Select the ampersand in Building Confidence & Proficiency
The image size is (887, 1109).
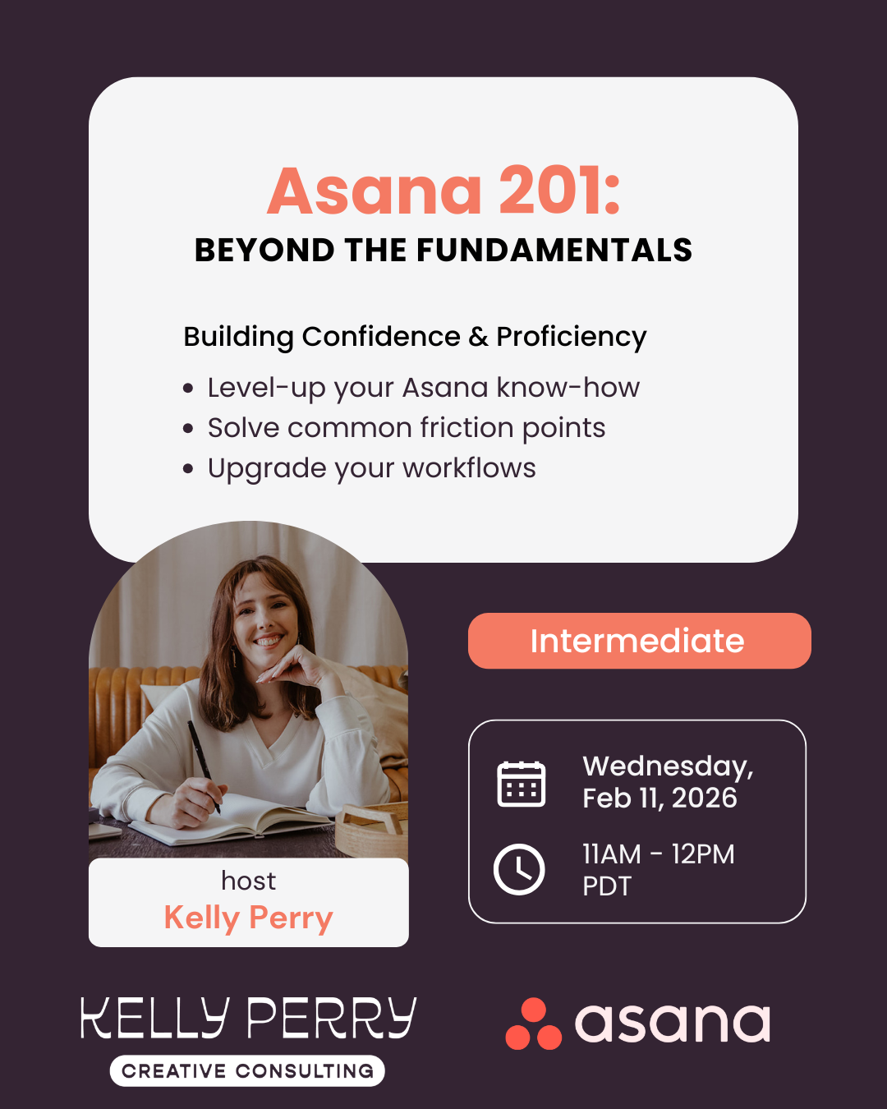[x=478, y=337]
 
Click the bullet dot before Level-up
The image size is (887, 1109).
[x=189, y=389]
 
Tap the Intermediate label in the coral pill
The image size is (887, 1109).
[x=637, y=641]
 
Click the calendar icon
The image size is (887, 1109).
[x=522, y=784]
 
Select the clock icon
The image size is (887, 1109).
[x=519, y=869]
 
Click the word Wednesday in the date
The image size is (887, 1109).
[x=666, y=766]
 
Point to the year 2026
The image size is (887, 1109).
[x=704, y=798]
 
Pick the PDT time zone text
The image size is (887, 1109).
[x=607, y=886]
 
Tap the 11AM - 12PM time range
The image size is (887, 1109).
[x=658, y=854]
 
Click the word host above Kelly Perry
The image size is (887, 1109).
[x=248, y=881]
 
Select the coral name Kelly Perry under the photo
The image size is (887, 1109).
[x=248, y=918]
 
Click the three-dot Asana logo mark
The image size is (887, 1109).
[x=534, y=1024]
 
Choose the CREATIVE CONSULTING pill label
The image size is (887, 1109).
[x=247, y=1071]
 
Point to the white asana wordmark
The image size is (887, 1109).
[x=673, y=1024]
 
